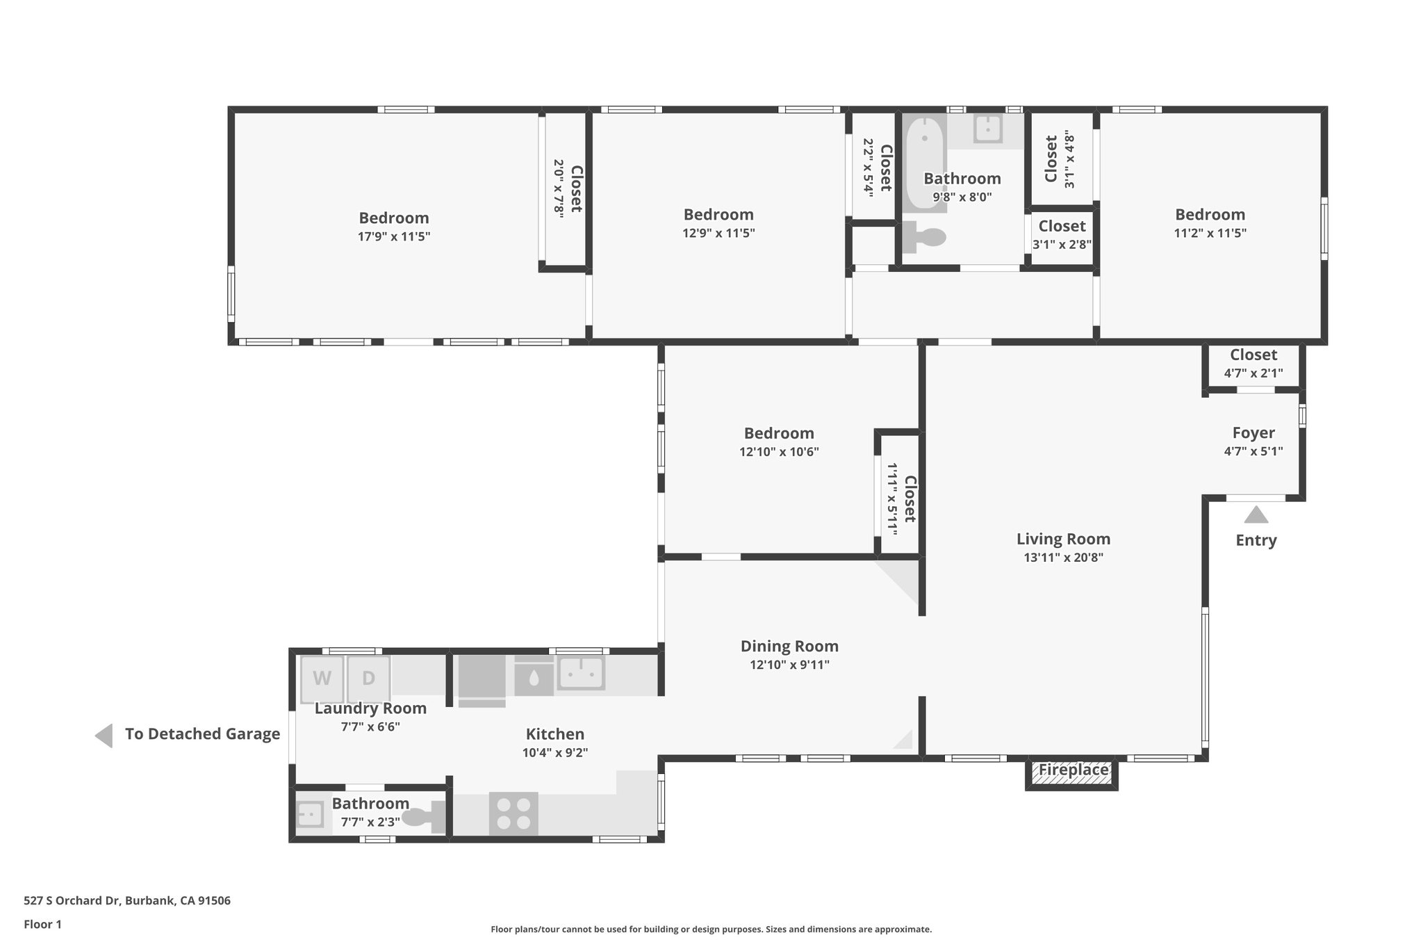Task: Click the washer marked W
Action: (322, 678)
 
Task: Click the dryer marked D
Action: (368, 678)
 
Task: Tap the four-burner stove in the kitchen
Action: (513, 813)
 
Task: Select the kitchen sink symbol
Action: (581, 672)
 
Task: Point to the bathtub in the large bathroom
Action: (924, 162)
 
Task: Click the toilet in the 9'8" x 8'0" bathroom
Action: (924, 238)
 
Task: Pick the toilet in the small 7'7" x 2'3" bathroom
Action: (422, 817)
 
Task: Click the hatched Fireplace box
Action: (1072, 771)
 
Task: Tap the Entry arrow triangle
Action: (1256, 515)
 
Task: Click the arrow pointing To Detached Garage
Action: (104, 736)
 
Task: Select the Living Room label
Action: (1063, 539)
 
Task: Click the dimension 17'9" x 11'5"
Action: (394, 236)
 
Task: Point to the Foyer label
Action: (1253, 433)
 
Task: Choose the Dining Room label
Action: (789, 646)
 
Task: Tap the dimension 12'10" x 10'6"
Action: (779, 452)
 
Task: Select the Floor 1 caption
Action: (43, 924)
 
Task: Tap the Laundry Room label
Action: (370, 708)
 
